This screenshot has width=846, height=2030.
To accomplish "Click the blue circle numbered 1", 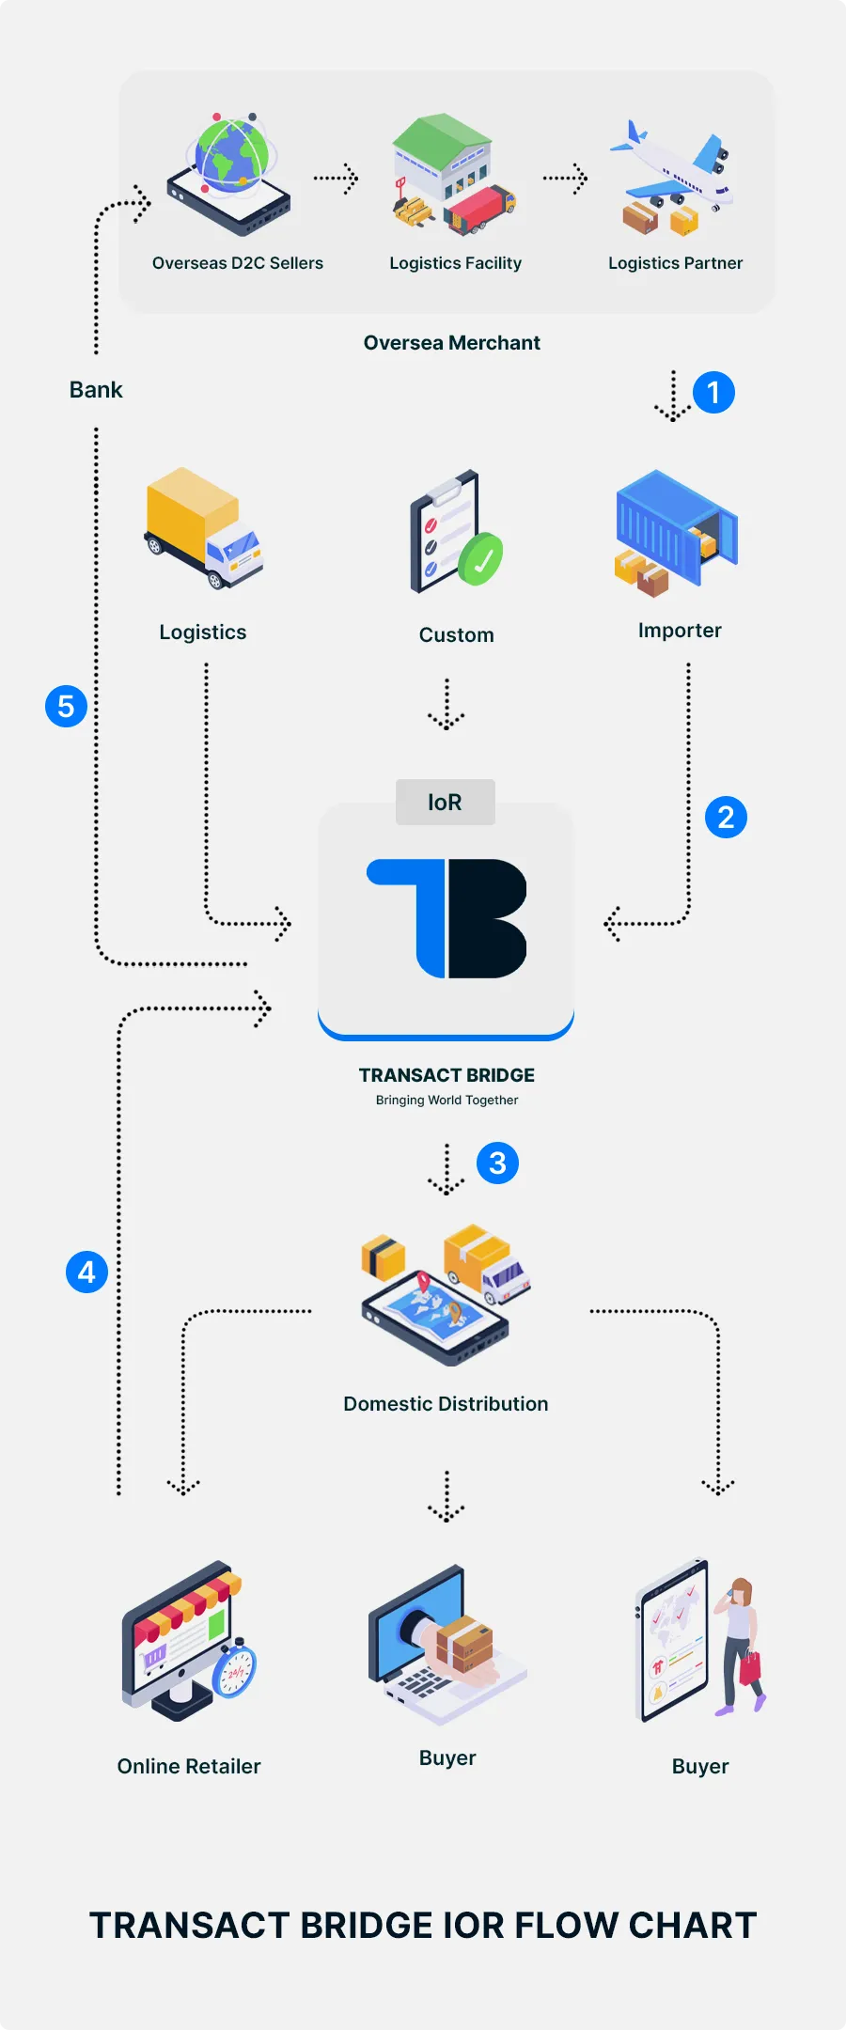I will (x=713, y=392).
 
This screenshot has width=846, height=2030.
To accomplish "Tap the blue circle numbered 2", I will (x=726, y=818).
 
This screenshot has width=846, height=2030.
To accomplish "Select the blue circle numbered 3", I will (x=497, y=1163).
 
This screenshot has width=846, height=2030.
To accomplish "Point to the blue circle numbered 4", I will (x=86, y=1273).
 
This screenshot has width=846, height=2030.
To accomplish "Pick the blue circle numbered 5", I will (x=66, y=706).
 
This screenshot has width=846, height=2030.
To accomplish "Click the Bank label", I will (x=96, y=390).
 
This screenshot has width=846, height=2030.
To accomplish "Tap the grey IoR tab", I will (x=446, y=803).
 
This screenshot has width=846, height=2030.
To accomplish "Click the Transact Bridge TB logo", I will (x=446, y=918).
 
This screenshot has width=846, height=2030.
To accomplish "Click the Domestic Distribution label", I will (x=446, y=1404).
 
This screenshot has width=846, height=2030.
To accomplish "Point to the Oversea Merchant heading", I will (x=452, y=343).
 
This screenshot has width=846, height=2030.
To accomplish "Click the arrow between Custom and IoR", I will (x=446, y=705).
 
